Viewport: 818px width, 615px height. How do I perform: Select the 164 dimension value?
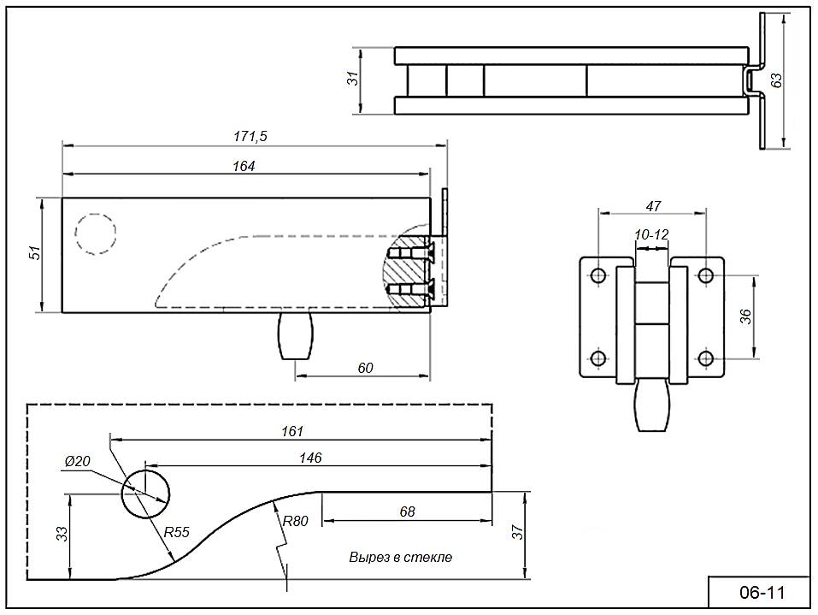(x=244, y=166)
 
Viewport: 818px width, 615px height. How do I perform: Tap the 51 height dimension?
(x=35, y=253)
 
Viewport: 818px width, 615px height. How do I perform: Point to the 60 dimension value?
(x=365, y=368)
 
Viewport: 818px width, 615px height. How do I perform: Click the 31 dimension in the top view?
(x=352, y=79)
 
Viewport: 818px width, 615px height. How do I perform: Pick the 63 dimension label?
(x=776, y=80)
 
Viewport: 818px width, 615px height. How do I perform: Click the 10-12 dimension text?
(x=651, y=234)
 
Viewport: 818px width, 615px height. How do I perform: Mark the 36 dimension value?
(x=745, y=316)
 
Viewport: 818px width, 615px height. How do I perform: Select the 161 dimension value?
(x=292, y=431)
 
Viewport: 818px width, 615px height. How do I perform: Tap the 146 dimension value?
(x=310, y=458)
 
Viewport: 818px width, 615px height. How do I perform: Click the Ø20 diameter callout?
(x=78, y=461)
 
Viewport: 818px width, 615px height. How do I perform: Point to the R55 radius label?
(x=176, y=532)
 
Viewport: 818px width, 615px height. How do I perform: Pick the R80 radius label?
(x=295, y=520)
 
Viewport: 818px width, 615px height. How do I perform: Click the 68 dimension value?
(x=407, y=512)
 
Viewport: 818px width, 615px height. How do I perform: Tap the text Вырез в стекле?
(x=400, y=557)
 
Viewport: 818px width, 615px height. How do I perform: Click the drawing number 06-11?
(x=760, y=592)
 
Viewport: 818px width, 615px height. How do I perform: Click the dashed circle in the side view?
(x=95, y=232)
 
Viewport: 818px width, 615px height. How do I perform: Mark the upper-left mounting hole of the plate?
(x=597, y=275)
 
